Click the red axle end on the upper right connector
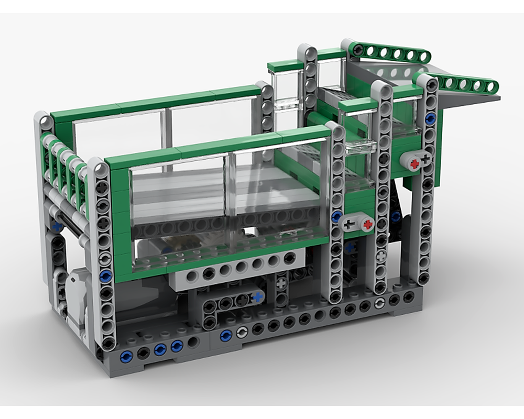(414, 163)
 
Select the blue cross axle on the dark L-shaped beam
(257, 297)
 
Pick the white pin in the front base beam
(242, 332)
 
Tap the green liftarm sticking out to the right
(461, 84)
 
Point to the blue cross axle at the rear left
(56, 227)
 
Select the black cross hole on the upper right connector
(425, 158)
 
